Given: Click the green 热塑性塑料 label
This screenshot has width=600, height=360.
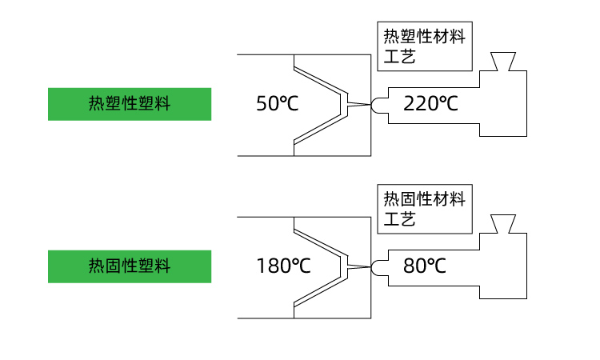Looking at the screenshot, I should click(130, 104).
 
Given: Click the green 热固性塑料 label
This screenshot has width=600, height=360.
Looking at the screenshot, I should click(130, 266).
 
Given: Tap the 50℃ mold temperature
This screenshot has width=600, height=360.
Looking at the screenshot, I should click(277, 104).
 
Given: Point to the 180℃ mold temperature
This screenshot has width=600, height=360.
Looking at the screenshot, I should click(283, 266).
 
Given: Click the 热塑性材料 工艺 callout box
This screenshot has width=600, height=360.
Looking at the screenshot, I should click(424, 46).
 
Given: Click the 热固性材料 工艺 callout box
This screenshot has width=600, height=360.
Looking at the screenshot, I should click(424, 209).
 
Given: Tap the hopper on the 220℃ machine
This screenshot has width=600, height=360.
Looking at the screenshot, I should click(502, 62).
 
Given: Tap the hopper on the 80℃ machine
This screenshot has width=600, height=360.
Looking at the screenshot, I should click(502, 224).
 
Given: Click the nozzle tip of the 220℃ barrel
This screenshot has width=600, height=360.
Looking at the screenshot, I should click(376, 104).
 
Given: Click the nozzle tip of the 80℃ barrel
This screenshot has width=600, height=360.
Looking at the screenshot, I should click(376, 266).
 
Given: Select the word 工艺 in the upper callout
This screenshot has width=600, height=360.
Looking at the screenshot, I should click(399, 57).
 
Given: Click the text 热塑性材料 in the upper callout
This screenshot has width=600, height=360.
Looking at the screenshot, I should click(424, 37).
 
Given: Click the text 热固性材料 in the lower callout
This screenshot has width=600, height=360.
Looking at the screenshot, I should click(424, 199).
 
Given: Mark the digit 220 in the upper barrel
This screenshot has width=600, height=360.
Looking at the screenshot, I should click(420, 104).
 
